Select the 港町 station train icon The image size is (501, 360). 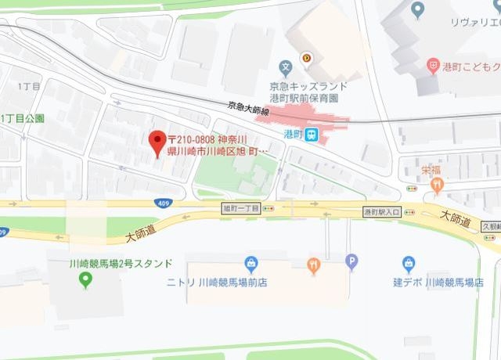point(312,135)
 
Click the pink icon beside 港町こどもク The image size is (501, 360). point(432,67)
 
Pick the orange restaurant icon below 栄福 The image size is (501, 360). point(437,185)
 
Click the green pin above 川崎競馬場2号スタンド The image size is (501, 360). point(87,281)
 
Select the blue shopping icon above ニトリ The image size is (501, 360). point(251,264)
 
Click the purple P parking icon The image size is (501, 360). point(351,262)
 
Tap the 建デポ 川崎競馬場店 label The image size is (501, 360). point(438,282)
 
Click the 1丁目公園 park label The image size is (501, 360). point(23,118)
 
